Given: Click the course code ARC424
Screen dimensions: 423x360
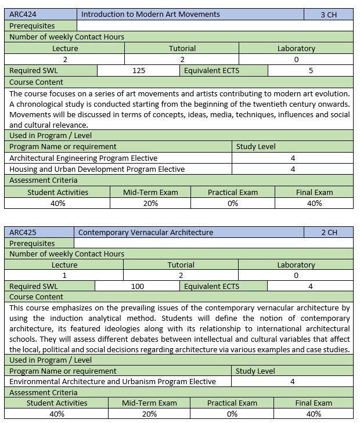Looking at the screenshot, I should click(22, 14).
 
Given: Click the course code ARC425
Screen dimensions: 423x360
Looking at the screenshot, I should click(22, 232).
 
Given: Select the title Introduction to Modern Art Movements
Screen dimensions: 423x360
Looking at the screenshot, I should click(150, 14).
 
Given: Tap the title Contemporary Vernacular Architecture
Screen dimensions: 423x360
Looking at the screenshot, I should click(146, 232).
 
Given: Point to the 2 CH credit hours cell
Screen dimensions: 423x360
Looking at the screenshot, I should click(329, 232).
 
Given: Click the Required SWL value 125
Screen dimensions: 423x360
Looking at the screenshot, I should click(138, 71).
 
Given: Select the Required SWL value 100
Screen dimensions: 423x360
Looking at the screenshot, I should click(138, 286).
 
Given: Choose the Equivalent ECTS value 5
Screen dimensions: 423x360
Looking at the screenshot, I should click(311, 71).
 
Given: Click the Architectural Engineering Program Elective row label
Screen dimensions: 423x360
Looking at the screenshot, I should click(84, 158).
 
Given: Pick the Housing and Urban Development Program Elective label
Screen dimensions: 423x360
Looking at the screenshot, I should click(97, 169).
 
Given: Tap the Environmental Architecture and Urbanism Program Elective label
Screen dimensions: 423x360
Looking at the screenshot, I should click(113, 381).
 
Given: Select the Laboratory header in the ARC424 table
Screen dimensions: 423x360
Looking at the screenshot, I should click(296, 49).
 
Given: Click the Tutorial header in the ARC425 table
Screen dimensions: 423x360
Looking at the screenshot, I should click(181, 265).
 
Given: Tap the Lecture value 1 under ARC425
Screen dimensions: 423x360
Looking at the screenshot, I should click(64, 276).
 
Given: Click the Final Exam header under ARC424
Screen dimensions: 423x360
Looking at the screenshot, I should click(314, 192).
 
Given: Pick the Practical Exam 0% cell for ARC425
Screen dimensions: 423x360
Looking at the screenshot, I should click(232, 414).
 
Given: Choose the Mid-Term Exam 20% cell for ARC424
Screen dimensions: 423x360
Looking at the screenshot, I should click(150, 203).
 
